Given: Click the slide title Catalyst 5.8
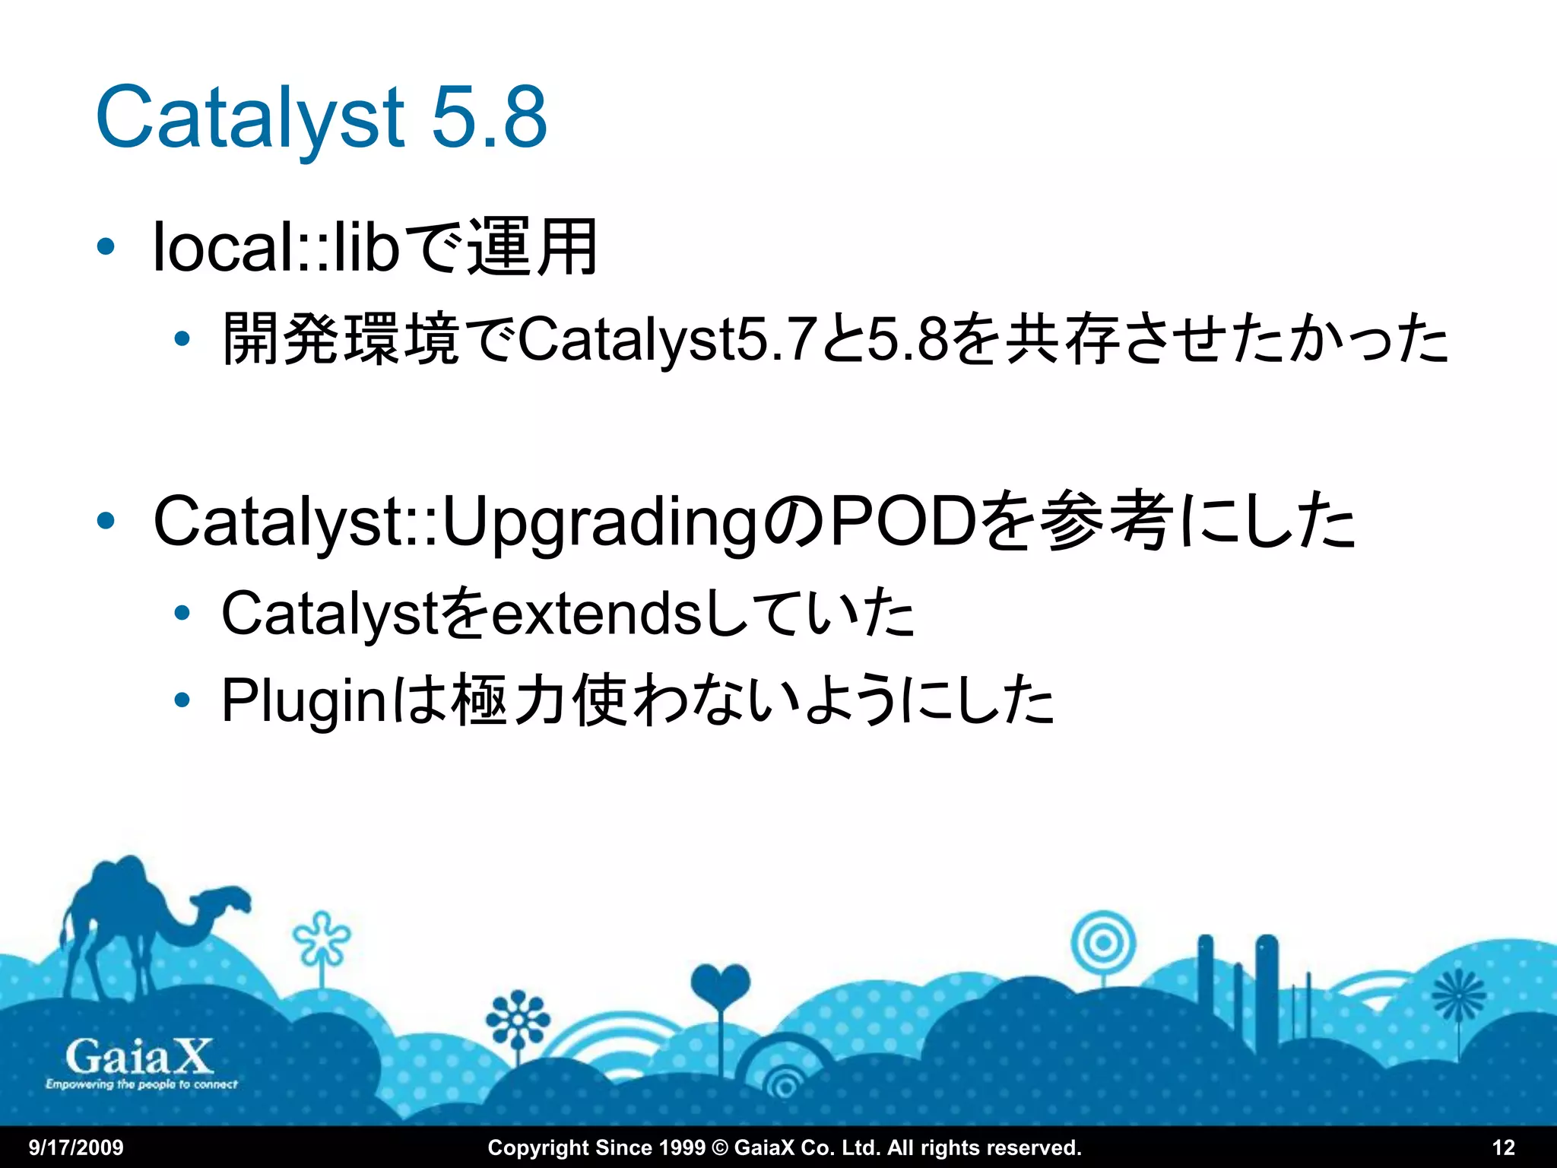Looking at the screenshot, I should [321, 117].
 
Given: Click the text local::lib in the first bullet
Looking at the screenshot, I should [275, 247].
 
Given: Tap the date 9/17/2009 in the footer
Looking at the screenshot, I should [76, 1147].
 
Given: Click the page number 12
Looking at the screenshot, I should [1504, 1147].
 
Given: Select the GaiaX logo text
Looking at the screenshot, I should [138, 1057].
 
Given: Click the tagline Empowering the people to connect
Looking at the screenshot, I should [141, 1084].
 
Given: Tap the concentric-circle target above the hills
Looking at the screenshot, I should [1102, 944].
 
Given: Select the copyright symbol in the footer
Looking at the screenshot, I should [719, 1147].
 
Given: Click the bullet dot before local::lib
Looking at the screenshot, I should [106, 247].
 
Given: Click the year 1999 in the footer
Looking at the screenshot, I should [680, 1147].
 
